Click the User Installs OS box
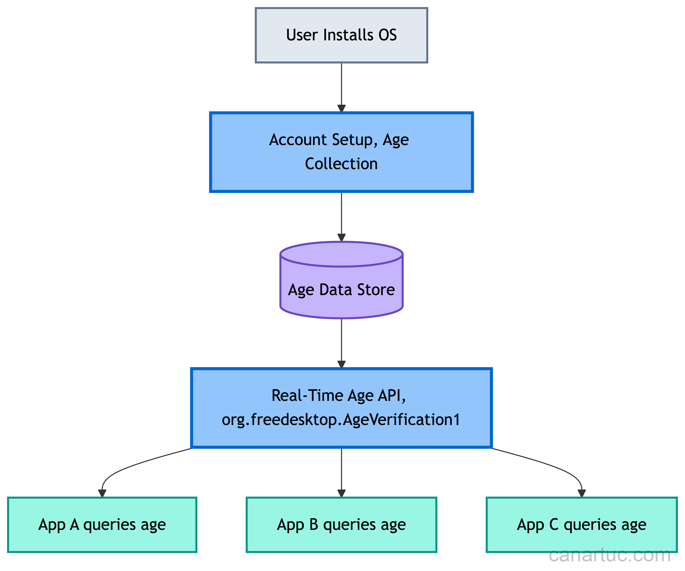point(341,35)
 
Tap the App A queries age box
point(102,525)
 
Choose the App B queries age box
point(341,525)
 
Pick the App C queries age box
point(582,525)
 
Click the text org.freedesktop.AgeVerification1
point(341,420)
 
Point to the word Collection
point(341,164)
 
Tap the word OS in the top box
point(387,35)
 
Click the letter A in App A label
point(74,524)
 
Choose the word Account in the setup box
point(298,140)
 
